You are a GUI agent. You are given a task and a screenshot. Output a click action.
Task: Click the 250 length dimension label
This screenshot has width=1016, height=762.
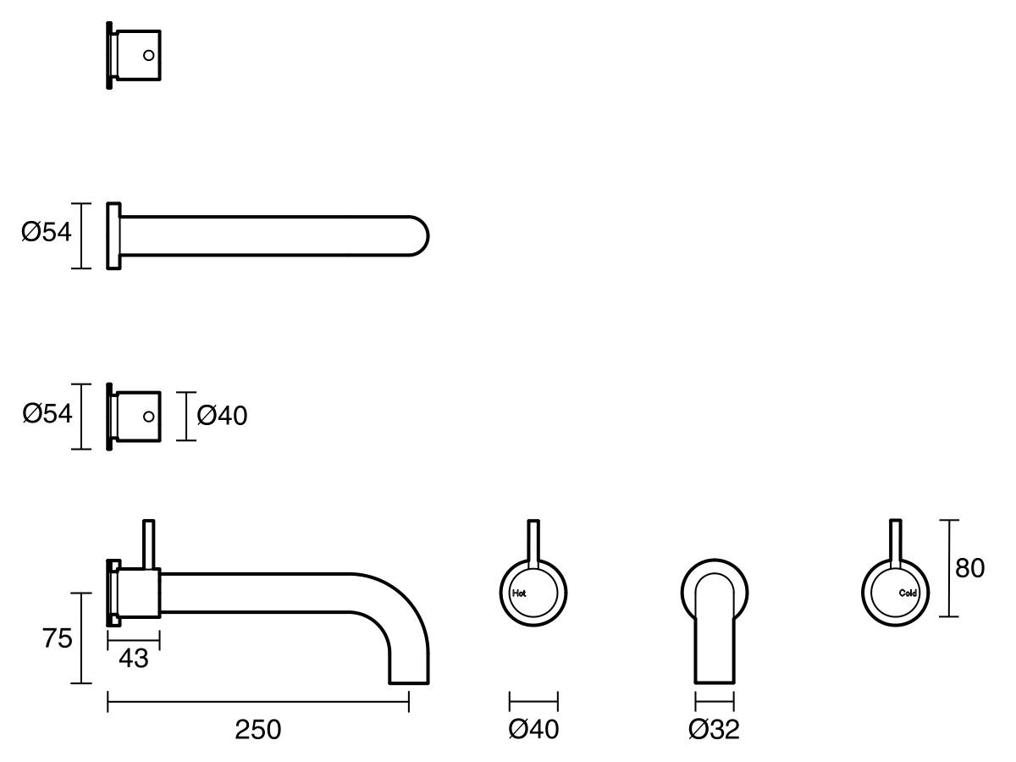258,729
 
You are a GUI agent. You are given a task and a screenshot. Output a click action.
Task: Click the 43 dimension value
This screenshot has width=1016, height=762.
134,658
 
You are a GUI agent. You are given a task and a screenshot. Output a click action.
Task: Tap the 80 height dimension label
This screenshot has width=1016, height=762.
969,568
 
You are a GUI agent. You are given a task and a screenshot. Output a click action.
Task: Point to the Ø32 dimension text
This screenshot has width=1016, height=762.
714,729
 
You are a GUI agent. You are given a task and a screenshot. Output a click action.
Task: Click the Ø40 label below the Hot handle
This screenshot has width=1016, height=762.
533,729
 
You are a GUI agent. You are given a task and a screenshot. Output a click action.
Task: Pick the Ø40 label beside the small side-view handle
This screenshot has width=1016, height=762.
222,416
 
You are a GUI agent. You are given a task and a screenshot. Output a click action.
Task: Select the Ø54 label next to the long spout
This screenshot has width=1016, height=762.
47,232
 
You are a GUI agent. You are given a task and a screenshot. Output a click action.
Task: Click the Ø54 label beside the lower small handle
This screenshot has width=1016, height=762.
47,414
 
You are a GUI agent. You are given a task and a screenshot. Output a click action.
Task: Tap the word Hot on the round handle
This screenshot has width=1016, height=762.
520,594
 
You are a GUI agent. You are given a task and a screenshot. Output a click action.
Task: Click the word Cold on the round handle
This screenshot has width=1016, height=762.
908,593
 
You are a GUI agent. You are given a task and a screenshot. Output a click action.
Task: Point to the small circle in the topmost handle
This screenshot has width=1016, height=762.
149,55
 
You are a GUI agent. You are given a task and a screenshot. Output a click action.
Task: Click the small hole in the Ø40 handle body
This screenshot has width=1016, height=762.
149,417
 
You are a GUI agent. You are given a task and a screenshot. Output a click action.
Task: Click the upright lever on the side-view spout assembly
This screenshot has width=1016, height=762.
149,542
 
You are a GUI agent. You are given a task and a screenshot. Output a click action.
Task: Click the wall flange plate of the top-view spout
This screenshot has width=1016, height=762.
113,235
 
